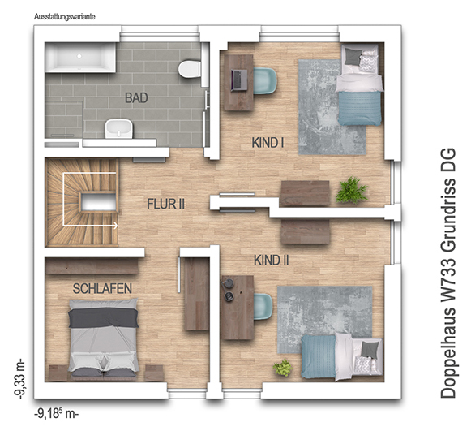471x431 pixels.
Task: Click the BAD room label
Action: tap(136, 97)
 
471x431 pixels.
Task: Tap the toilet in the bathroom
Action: tap(190, 70)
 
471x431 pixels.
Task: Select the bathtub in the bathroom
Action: tap(80, 57)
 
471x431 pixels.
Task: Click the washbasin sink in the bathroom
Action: tap(118, 129)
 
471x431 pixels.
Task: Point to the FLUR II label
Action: tap(165, 205)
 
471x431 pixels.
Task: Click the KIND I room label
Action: tap(268, 143)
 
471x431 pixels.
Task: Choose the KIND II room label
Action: tap(272, 261)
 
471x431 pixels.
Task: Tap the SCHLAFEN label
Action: tap(102, 289)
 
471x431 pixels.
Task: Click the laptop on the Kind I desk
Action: tap(239, 80)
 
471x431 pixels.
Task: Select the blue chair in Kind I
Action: tap(265, 81)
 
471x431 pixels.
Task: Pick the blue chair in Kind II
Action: tap(263, 307)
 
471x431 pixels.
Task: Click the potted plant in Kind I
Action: tap(352, 190)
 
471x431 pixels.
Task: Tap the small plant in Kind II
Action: tap(283, 367)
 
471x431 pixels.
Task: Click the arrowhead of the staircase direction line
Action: tap(115, 225)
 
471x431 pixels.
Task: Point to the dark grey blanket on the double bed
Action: tap(103, 317)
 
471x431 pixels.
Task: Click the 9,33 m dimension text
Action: tap(21, 379)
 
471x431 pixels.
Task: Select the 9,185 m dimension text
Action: tap(57, 414)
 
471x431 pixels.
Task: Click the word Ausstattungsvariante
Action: tap(65, 17)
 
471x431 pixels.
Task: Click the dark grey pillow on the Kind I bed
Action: tap(353, 56)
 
